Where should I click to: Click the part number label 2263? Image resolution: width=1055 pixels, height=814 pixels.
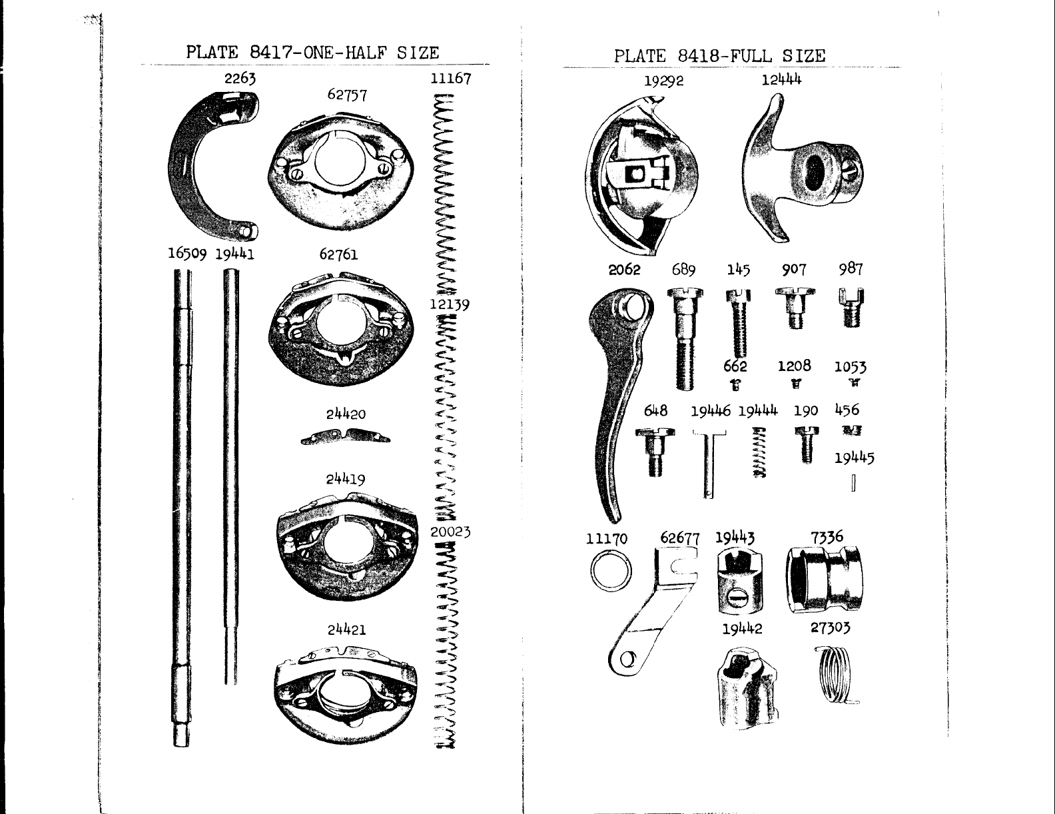pyautogui.click(x=240, y=78)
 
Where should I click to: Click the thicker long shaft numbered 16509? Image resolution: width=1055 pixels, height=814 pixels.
pyautogui.click(x=182, y=506)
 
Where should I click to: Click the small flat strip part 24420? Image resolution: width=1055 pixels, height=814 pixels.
pyautogui.click(x=345, y=436)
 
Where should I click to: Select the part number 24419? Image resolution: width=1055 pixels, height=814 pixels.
pyautogui.click(x=346, y=479)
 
